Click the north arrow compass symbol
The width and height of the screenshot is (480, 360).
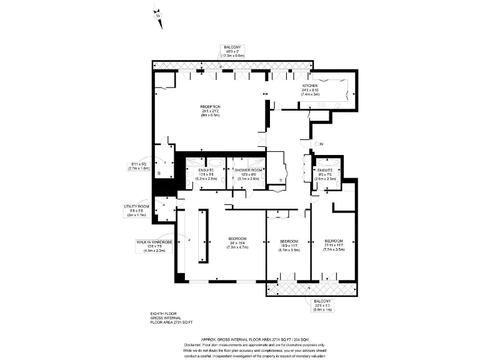point(157,16)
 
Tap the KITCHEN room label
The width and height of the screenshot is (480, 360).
point(311,86)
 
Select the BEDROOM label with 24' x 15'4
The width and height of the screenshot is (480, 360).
point(237,239)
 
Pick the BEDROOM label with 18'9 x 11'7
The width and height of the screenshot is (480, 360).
point(289,241)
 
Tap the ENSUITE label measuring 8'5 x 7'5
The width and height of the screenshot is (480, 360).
point(325,170)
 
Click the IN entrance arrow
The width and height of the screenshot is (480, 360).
point(319,144)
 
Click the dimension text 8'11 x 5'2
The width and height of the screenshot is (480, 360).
point(139,164)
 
